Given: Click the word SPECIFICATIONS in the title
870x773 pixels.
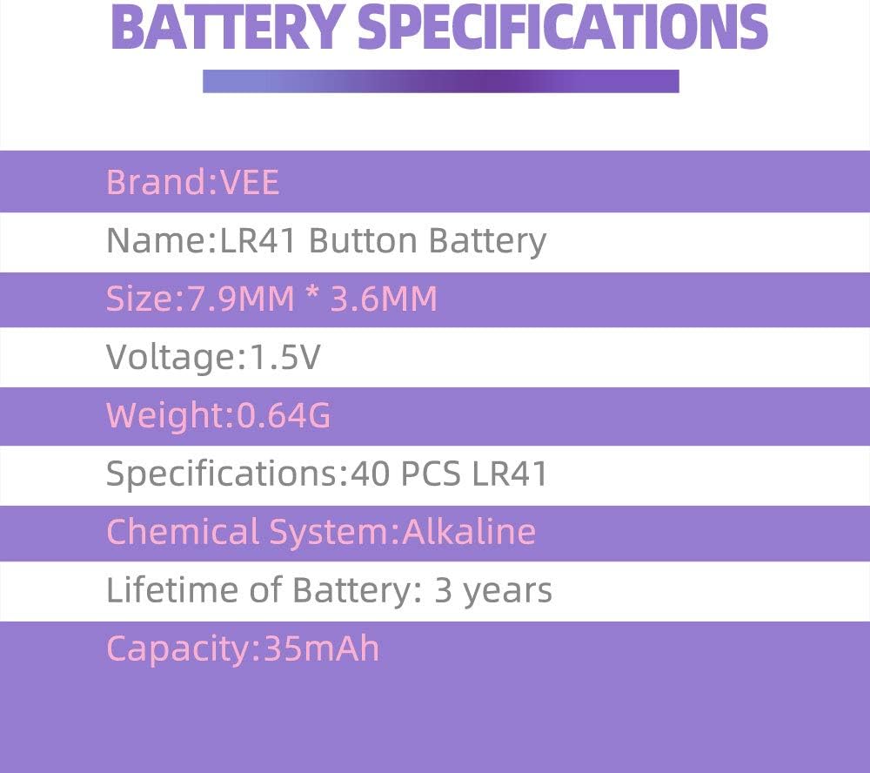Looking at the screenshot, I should coord(563,28).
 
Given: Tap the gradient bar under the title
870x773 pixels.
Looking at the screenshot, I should coord(440,81).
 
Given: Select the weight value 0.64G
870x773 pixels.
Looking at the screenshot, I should coord(284,416).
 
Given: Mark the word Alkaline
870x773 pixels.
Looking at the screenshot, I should coord(468,532).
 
